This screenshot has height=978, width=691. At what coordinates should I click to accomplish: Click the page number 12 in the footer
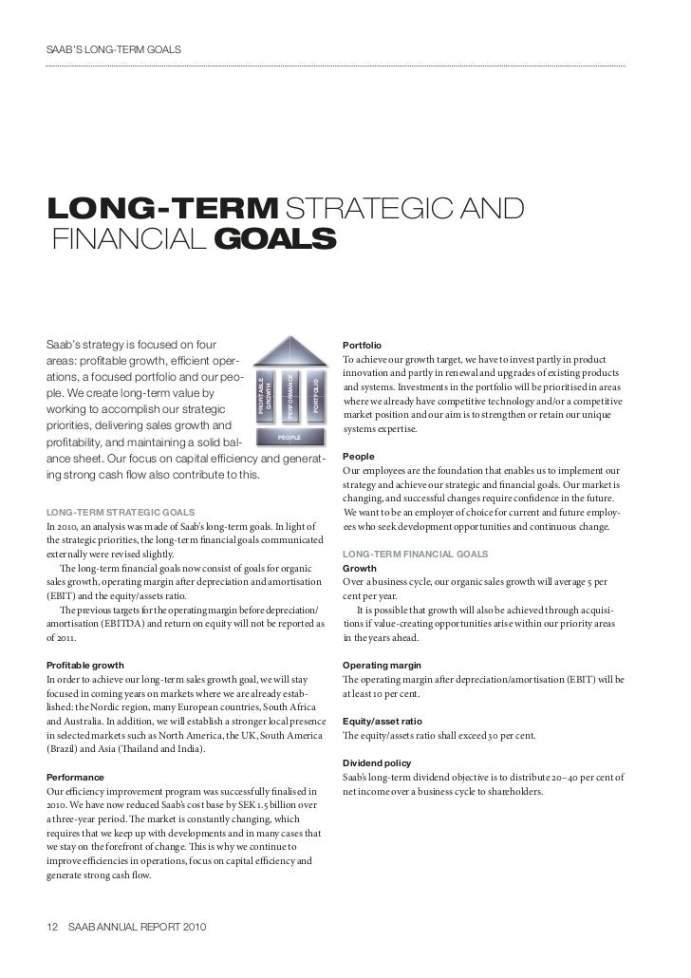click(x=52, y=927)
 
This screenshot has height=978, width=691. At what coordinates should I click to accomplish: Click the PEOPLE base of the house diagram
click(x=289, y=438)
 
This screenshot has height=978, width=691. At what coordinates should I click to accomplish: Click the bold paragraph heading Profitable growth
click(x=84, y=665)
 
